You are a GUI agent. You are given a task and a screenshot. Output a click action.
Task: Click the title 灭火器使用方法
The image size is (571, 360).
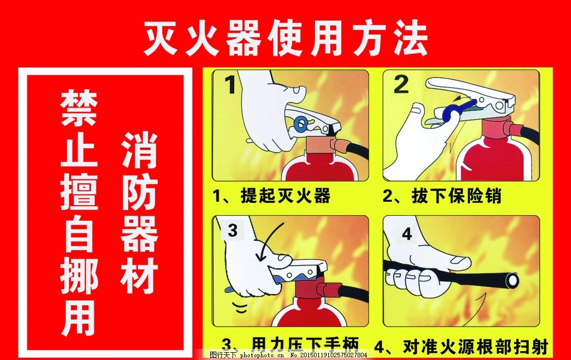tap(285, 39)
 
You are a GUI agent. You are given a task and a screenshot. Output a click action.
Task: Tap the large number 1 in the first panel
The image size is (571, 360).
tap(230, 86)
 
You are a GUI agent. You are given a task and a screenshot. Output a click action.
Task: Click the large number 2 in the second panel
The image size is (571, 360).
tap(401, 85)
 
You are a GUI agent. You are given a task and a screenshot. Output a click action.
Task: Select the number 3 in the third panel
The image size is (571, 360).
tap(233, 230)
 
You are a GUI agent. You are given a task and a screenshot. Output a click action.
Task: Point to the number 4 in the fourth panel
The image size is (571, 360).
tap(407, 234)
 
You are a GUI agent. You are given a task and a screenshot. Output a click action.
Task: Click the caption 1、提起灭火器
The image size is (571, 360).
tap(272, 196)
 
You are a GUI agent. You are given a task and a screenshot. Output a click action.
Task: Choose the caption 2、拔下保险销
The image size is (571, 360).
tap(442, 196)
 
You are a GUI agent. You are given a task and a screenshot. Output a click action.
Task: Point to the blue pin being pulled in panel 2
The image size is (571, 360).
tap(458, 108)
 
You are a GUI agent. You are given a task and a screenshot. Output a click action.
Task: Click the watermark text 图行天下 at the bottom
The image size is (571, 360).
tap(223, 355)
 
